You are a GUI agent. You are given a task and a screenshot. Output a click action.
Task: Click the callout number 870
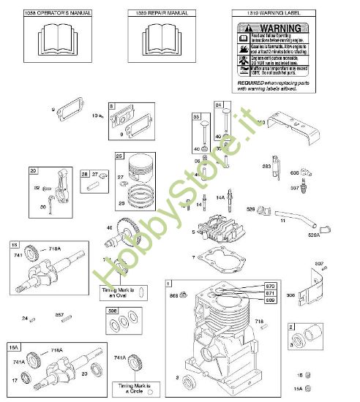270,284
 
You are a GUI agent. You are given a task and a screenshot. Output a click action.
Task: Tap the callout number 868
174,295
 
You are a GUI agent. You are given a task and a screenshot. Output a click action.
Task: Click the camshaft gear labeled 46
128,234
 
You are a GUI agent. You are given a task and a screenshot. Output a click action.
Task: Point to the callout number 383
266,167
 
